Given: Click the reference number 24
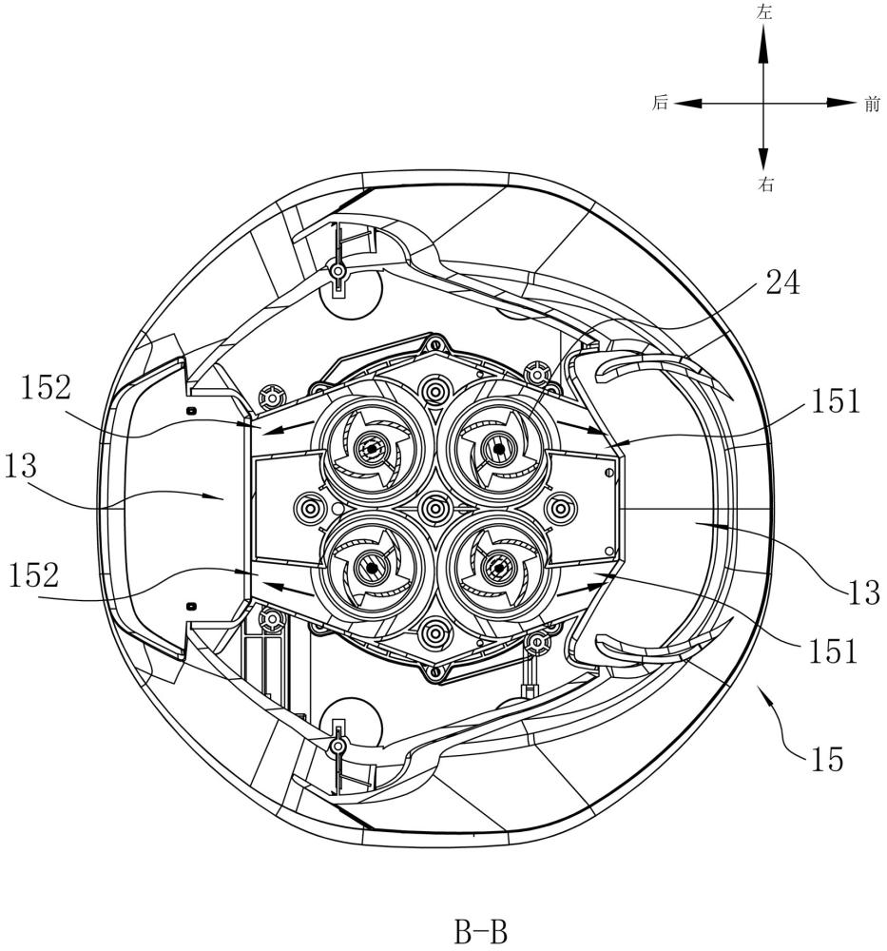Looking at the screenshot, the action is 783,282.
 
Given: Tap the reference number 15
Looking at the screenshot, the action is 826,759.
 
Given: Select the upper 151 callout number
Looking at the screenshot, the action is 836,401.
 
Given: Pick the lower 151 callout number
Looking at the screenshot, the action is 833,651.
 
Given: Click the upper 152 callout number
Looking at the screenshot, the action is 46,388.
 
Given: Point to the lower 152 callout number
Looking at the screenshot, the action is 34,575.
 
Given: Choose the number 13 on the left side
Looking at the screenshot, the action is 21,466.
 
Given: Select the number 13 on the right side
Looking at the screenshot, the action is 864,592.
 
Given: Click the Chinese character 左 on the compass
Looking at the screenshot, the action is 764,12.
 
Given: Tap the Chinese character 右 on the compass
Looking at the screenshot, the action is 765,184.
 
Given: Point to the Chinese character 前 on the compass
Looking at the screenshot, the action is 872,105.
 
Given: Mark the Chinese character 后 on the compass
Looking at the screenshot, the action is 660,103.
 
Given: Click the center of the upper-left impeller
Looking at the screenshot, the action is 369,448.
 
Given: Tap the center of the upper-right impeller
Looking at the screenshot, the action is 498,448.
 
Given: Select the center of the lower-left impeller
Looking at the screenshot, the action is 371,567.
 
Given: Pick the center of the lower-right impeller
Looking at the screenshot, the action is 499,567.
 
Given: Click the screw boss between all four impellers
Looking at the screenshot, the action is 434,508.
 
